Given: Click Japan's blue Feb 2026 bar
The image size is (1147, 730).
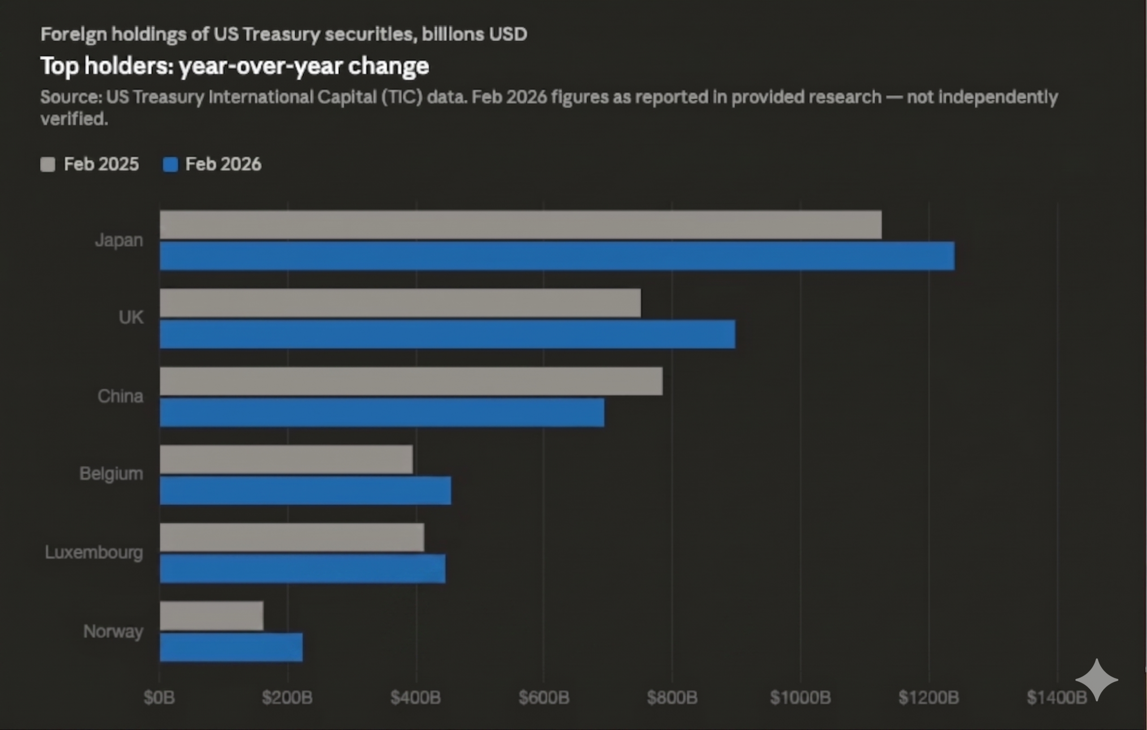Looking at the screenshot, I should pos(557,256).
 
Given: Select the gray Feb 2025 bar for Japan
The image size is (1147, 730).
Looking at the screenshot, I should pos(521,225).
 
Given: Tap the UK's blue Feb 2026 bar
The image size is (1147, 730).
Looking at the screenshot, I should pos(447,334).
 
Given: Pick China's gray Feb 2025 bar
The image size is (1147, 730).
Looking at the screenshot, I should pos(411,381).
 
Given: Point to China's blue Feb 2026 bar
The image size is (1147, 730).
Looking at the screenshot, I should pos(382,413).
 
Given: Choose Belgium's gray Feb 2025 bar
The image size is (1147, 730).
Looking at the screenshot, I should pos(286,459).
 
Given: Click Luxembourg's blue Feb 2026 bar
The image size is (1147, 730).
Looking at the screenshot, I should pos(302,569).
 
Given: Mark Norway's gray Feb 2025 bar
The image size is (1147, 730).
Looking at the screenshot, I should pos(211,616).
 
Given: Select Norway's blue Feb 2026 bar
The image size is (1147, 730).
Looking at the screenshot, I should pos(231,647).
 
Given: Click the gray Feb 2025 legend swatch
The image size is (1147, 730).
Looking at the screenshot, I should pos(47,164).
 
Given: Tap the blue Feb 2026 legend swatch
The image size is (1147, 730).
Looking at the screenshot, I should pos(170,164).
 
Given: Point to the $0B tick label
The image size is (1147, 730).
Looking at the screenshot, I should pos(159,698).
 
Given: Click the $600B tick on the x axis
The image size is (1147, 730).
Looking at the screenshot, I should pos(543,698).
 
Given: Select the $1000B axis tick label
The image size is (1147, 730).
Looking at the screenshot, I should pos(800,698).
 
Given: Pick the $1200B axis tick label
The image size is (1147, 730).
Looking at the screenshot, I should pos(928,698).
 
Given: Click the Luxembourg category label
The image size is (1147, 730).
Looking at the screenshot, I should pos(94,553).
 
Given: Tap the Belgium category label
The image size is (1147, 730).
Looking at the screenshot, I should pos(111,474).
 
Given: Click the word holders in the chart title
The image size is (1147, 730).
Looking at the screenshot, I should pos(129,66).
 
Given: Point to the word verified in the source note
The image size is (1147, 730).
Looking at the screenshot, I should pos(74,119).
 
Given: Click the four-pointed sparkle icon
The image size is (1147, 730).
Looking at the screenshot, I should pos(1096,680).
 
